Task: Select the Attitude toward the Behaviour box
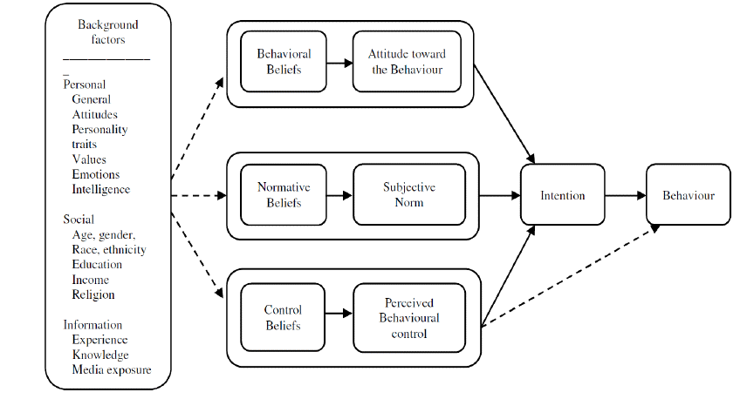(406, 61)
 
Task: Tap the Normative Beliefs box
(278, 195)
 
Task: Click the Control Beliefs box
(282, 317)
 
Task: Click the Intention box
(562, 195)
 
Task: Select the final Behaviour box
(688, 195)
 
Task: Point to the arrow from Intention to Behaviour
(625, 195)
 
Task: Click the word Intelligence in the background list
(101, 189)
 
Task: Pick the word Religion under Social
(93, 294)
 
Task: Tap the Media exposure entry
(112, 370)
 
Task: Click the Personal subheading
(85, 85)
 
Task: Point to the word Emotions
(96, 174)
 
